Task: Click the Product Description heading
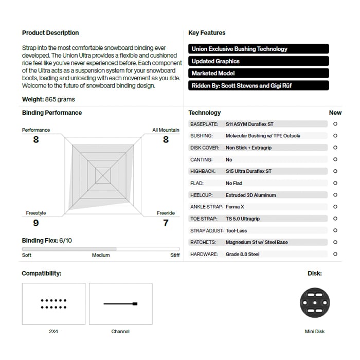point(50,33)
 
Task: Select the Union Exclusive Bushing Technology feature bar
point(259,49)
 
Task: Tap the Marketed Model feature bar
point(259,74)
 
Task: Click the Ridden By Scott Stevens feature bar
point(259,86)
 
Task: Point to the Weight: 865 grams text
point(48,99)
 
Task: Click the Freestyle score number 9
point(35,223)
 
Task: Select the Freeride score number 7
point(166,223)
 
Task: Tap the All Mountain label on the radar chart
point(166,130)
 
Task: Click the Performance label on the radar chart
point(36,130)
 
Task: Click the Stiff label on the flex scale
point(175,255)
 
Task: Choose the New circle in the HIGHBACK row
point(335,171)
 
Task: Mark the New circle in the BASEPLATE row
point(335,124)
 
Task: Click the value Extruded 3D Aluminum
point(250,195)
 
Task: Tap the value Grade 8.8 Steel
point(242,254)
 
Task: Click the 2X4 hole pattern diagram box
point(53,303)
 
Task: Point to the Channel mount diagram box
point(120,303)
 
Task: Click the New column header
point(335,113)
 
